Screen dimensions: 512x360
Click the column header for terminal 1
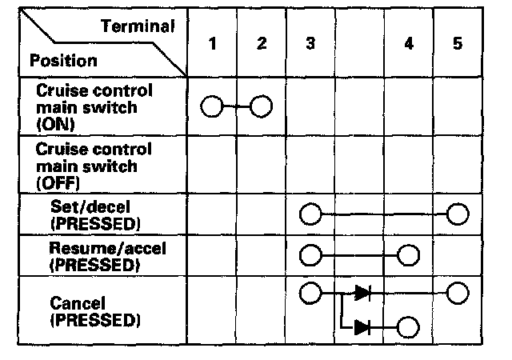pyautogui.click(x=212, y=44)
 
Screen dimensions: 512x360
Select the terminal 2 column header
pyautogui.click(x=262, y=44)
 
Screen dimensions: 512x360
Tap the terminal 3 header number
pyautogui.click(x=310, y=44)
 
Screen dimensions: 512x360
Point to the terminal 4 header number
pyautogui.click(x=409, y=44)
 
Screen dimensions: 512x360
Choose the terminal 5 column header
pyautogui.click(x=457, y=44)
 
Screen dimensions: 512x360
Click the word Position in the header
pyautogui.click(x=63, y=61)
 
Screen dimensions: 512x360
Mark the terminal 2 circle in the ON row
pyautogui.click(x=262, y=106)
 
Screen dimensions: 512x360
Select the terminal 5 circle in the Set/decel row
pyautogui.click(x=458, y=214)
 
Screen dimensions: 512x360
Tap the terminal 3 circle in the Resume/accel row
pyautogui.click(x=310, y=255)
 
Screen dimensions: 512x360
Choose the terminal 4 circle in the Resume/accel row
pyautogui.click(x=409, y=255)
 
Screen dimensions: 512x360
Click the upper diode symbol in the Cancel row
pyautogui.click(x=362, y=293)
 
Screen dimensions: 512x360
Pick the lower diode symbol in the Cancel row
pyautogui.click(x=362, y=326)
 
